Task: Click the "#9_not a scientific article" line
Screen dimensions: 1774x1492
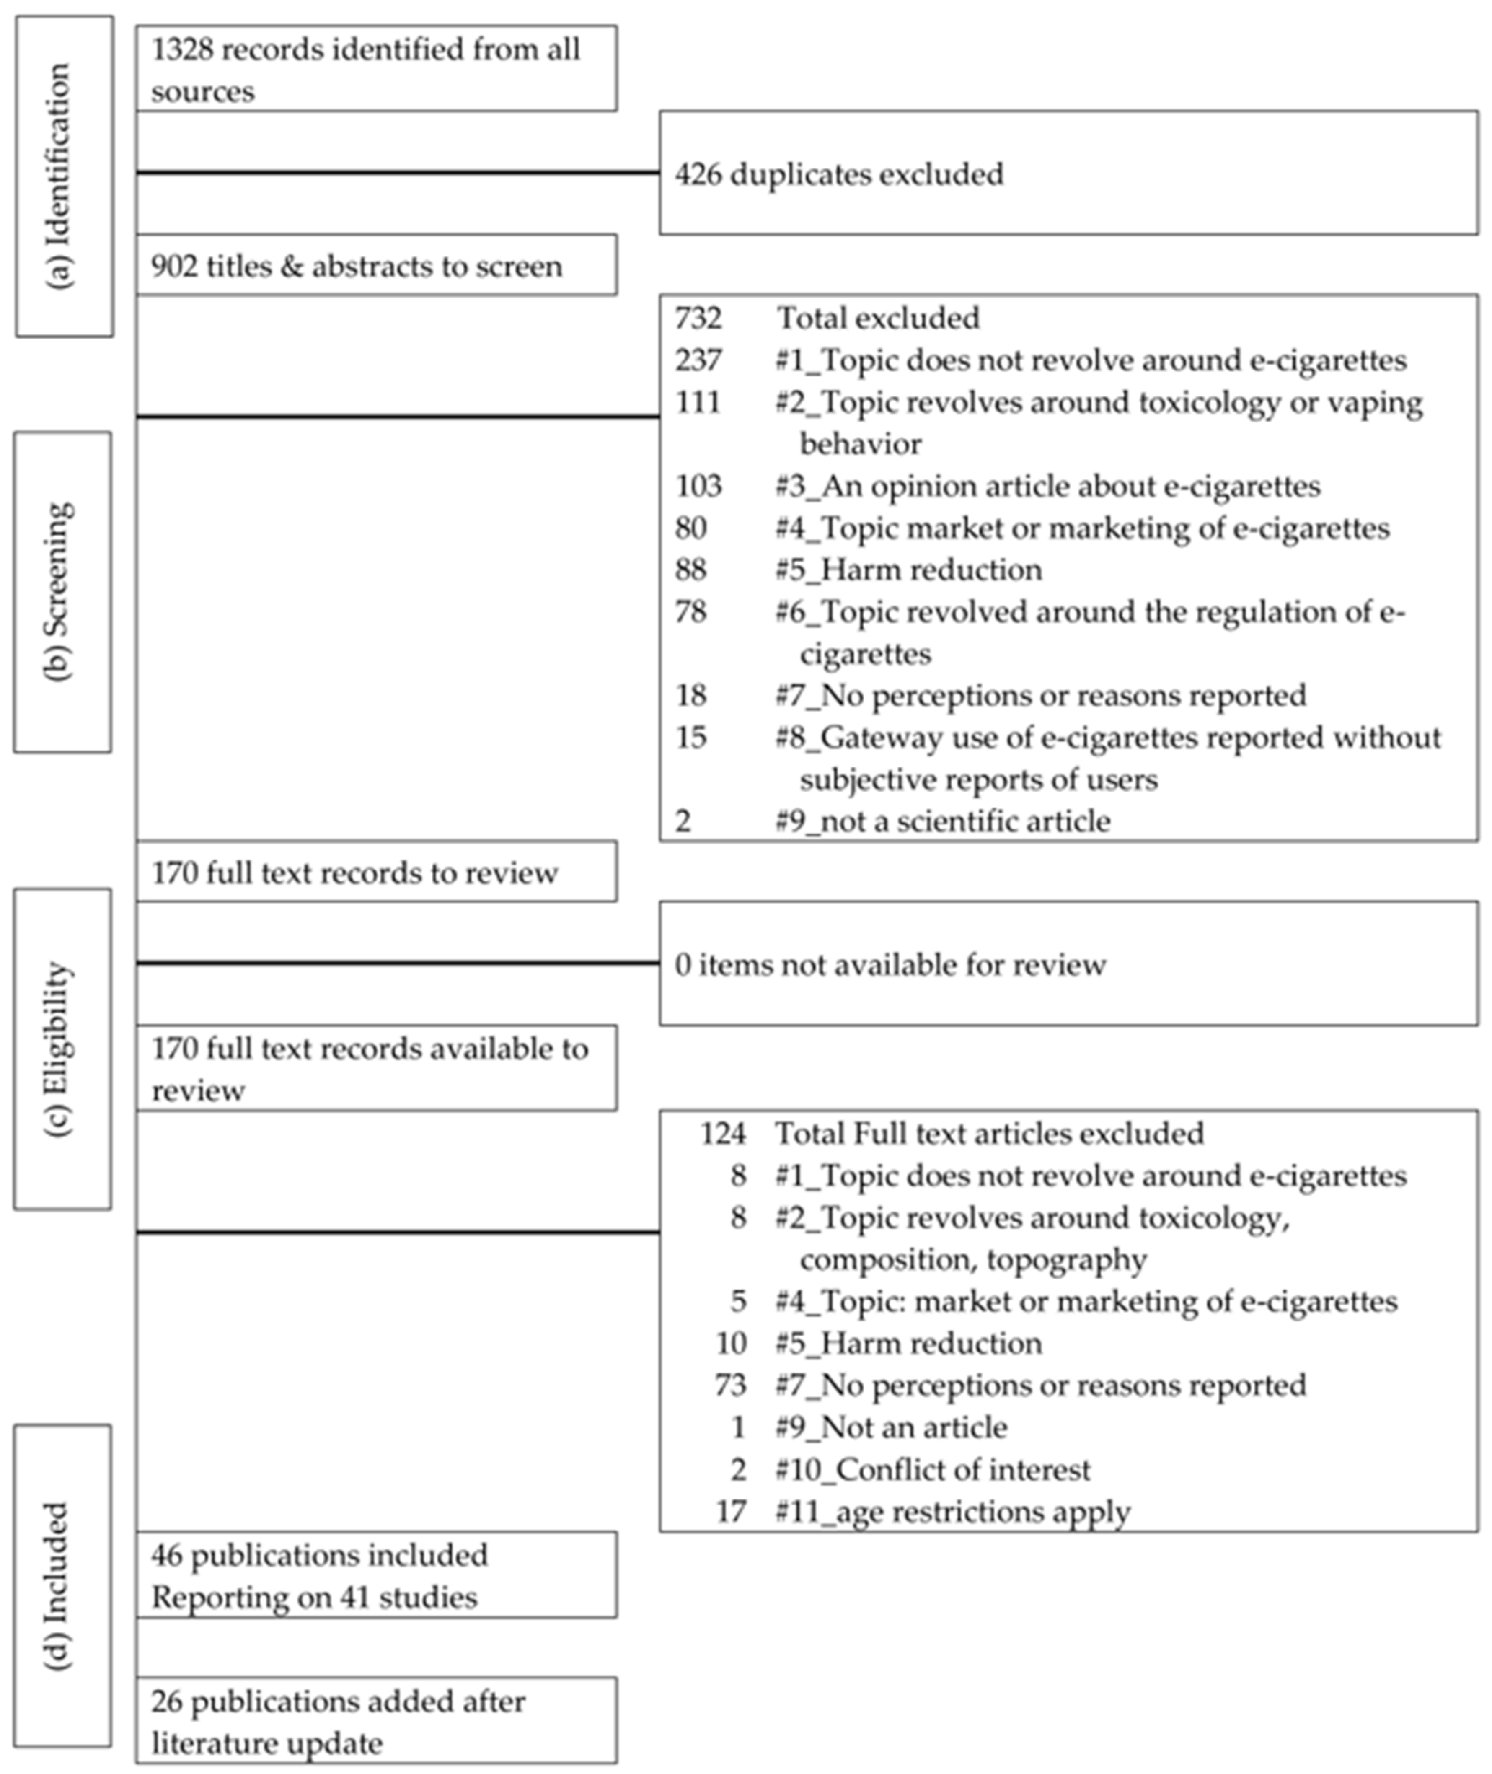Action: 943,821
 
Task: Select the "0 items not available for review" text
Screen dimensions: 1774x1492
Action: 890,964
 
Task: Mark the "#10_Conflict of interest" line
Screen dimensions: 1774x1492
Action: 933,1469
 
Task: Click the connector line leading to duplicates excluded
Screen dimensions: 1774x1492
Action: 398,173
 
